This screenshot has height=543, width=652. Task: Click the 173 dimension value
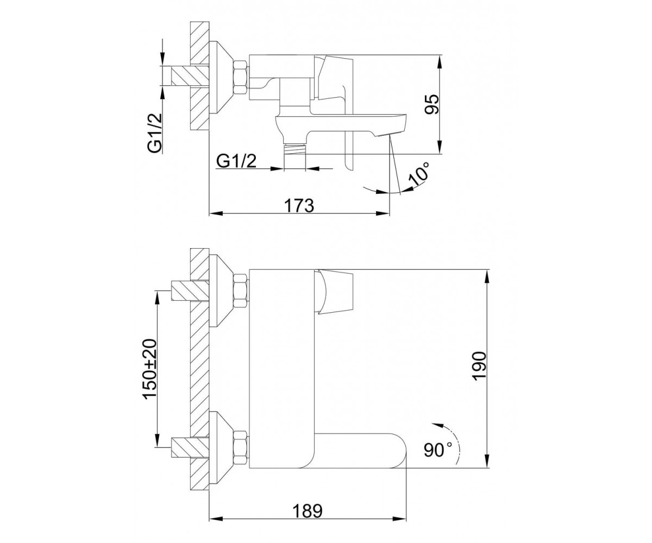299,205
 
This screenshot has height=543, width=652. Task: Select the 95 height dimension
432,105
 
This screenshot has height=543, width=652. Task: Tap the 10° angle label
419,174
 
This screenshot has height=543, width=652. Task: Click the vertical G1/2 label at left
155,132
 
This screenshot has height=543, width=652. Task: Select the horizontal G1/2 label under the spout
236,161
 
